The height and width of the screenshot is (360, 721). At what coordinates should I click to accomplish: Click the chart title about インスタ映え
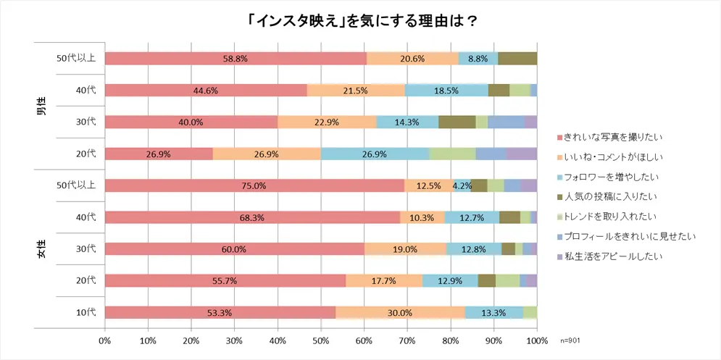[360, 20]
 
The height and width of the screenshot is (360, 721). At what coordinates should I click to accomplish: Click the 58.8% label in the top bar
[236, 59]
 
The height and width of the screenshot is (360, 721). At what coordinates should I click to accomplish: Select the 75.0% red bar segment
[254, 185]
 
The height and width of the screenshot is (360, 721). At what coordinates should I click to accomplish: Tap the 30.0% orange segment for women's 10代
[400, 312]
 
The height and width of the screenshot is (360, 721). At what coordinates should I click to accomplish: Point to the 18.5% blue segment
[446, 91]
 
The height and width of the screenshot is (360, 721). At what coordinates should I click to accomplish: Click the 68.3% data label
[252, 217]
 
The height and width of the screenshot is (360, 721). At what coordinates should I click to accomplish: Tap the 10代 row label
[86, 312]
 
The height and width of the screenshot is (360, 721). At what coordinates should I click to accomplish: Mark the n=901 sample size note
[570, 340]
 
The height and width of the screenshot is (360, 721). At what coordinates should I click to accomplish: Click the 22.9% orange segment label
[327, 122]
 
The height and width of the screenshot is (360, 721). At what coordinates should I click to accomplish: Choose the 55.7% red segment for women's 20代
[225, 280]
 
